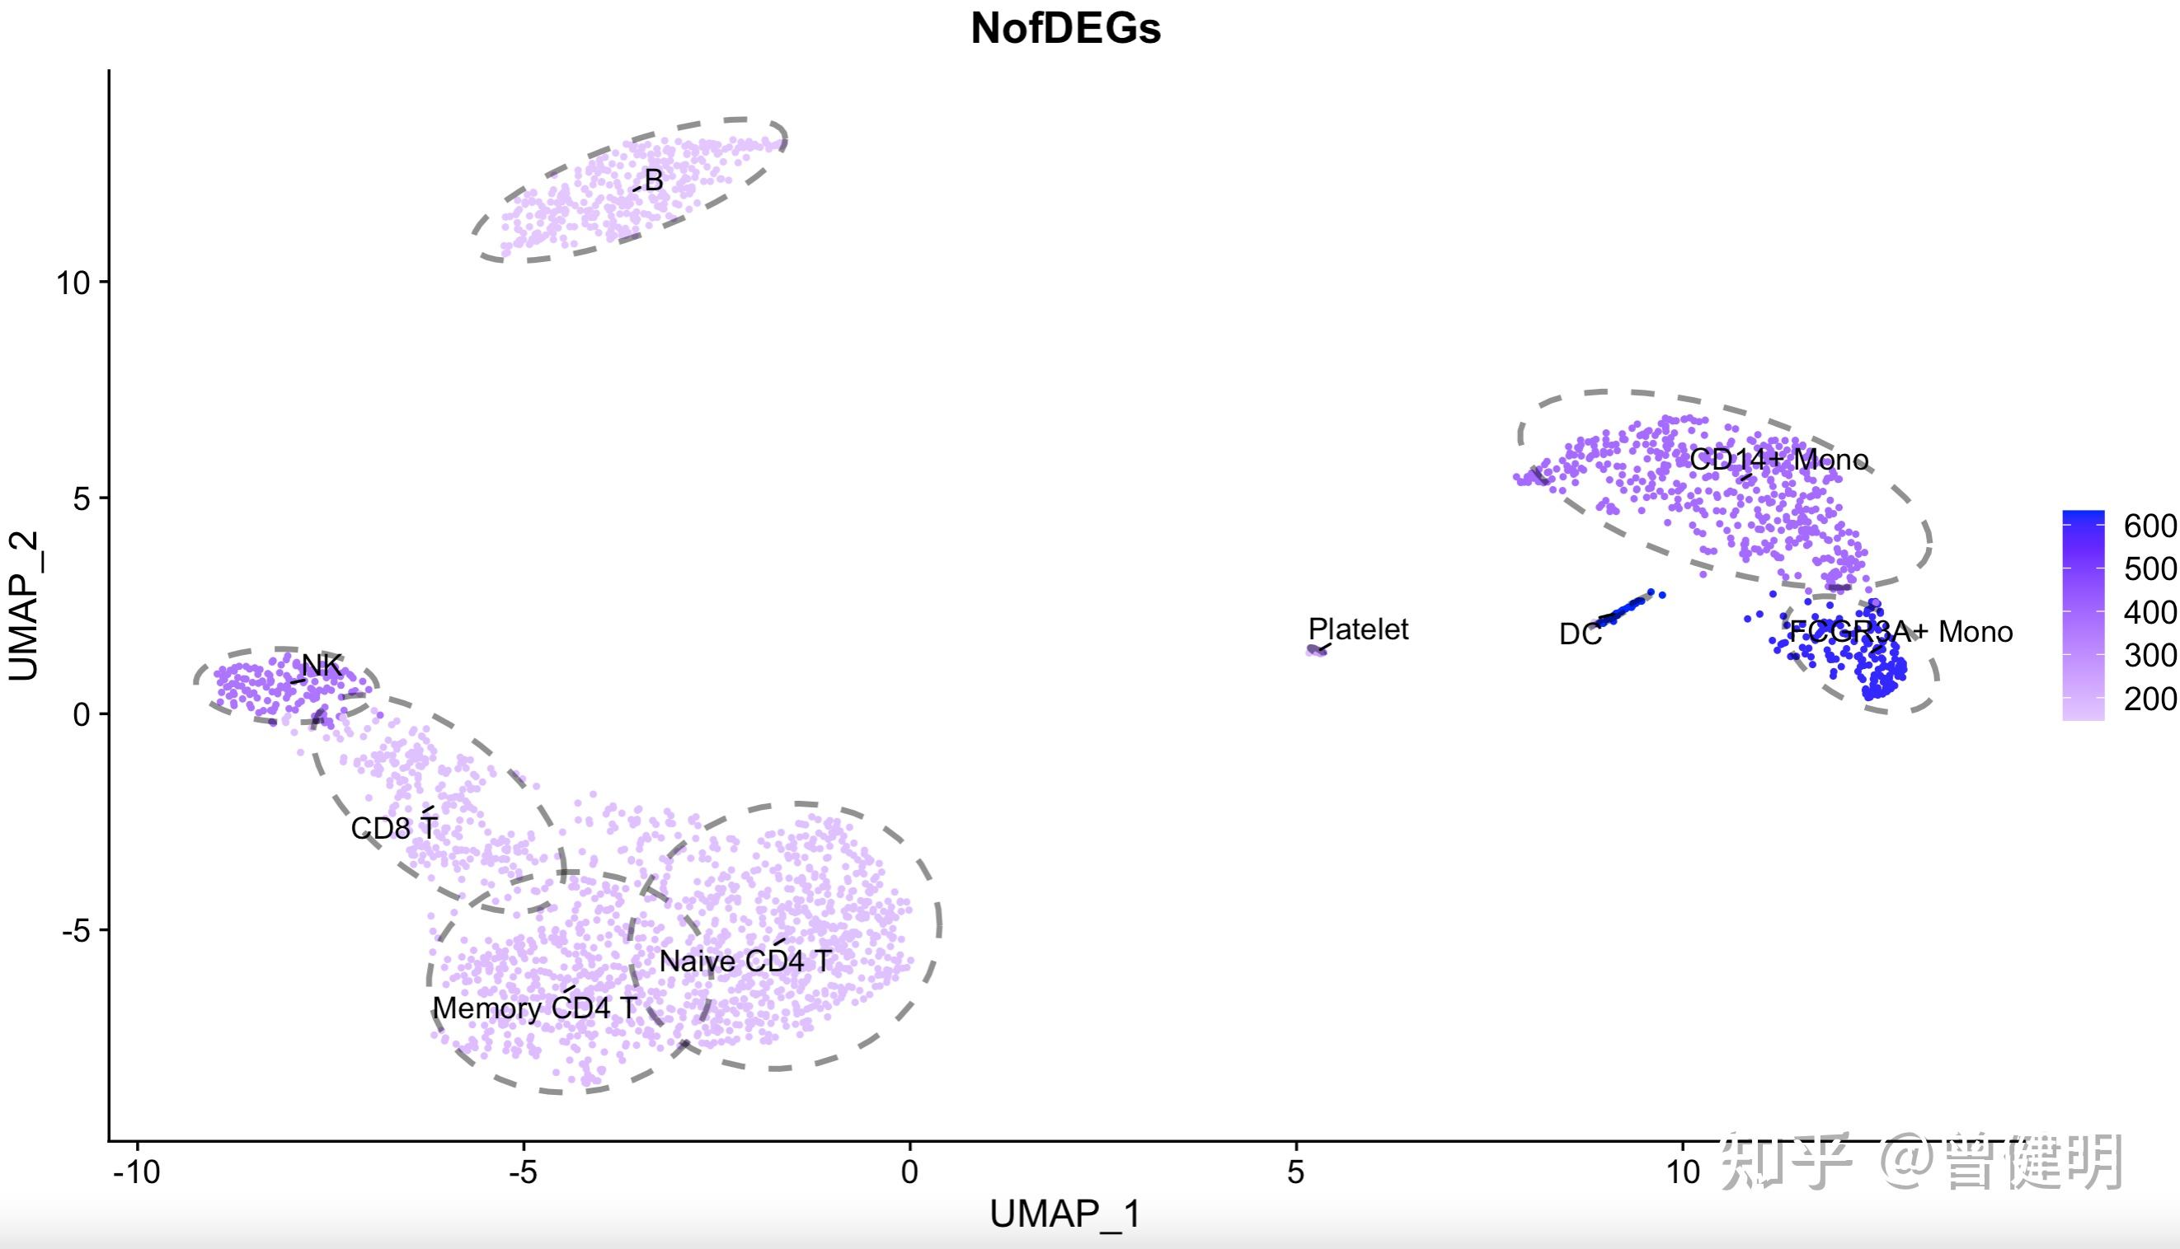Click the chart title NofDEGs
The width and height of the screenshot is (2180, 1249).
coord(1065,28)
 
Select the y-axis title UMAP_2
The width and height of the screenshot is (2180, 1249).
coord(24,606)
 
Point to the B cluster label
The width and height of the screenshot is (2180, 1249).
coord(653,180)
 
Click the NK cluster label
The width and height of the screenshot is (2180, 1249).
coord(322,665)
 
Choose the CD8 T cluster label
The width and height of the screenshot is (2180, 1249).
coord(394,828)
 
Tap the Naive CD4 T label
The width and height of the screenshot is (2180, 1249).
coord(745,961)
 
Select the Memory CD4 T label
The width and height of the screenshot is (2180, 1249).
coord(535,1008)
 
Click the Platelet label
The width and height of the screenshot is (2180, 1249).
coord(1358,629)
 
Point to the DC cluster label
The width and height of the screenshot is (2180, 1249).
coord(1580,634)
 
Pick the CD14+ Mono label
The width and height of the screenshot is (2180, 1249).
coord(1778,460)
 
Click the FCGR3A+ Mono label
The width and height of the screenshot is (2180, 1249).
coord(1900,632)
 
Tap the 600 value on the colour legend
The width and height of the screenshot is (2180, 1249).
coord(2150,526)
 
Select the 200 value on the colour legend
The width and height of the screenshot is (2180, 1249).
coord(2150,699)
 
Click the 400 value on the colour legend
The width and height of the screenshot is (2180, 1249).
coord(2150,612)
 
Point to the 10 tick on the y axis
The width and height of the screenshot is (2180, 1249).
coord(74,283)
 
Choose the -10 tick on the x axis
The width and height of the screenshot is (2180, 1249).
coord(138,1172)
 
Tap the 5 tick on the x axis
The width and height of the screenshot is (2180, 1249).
coord(1296,1172)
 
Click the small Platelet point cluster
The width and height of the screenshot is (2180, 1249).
coord(1316,651)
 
